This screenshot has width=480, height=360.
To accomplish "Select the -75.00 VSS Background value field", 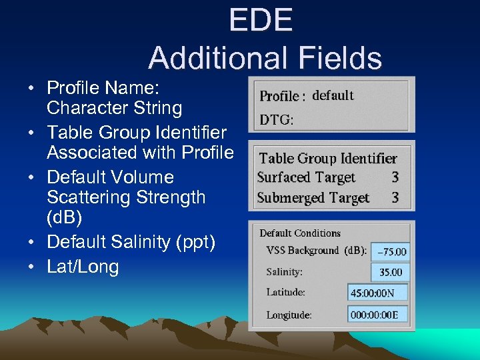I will [x=391, y=251].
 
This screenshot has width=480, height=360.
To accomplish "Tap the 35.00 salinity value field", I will [x=390, y=272].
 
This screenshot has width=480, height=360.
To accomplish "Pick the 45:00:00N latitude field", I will [x=377, y=293].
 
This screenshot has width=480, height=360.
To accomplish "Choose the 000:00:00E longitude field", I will [x=377, y=313].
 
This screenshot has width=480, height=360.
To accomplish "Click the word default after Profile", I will [x=333, y=95].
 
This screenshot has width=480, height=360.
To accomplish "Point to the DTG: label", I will [x=276, y=121].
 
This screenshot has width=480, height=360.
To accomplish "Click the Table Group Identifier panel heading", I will [x=327, y=158].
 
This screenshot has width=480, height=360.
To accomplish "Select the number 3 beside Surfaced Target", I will [x=395, y=177].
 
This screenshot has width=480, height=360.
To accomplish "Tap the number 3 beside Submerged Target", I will [x=395, y=197].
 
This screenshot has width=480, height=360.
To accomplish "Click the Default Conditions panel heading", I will [x=299, y=233].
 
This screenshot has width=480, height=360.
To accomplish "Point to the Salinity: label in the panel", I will [x=284, y=272].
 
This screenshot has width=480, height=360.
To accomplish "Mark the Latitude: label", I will [x=285, y=292].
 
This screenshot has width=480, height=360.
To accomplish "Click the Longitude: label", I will [x=289, y=314].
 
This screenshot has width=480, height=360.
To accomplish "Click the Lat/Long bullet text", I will [x=83, y=267].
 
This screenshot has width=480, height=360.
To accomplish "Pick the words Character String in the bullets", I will [x=114, y=108].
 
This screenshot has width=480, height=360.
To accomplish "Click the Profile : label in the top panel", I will [x=282, y=96].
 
